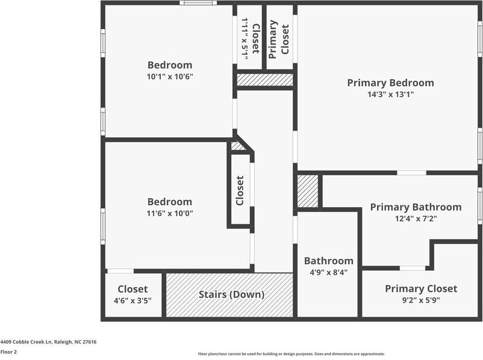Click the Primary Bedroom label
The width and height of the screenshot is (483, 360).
point(390,83)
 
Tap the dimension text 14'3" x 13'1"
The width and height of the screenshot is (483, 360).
point(390,95)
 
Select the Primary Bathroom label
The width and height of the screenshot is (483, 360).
point(416,207)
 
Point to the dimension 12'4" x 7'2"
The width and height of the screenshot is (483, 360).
point(416,219)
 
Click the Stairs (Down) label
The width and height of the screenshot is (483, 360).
point(232,295)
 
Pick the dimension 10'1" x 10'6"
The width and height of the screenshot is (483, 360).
point(170,76)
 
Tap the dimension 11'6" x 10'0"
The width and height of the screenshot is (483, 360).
point(170,213)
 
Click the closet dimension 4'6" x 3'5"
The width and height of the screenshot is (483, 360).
point(132,300)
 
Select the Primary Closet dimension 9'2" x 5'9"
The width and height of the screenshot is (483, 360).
point(421,300)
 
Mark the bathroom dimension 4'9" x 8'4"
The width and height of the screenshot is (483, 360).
point(328,272)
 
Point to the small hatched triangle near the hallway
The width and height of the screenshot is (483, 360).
point(237,146)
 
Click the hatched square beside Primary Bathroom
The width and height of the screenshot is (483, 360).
point(308,191)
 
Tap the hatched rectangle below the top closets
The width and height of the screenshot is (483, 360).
point(264,79)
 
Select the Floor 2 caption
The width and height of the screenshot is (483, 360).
point(8,352)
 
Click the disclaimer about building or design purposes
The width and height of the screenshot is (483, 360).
point(291,354)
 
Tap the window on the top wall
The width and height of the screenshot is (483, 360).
point(198,3)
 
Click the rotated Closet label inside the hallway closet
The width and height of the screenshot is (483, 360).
point(240,190)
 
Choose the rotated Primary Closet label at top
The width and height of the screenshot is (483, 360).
point(279,37)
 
